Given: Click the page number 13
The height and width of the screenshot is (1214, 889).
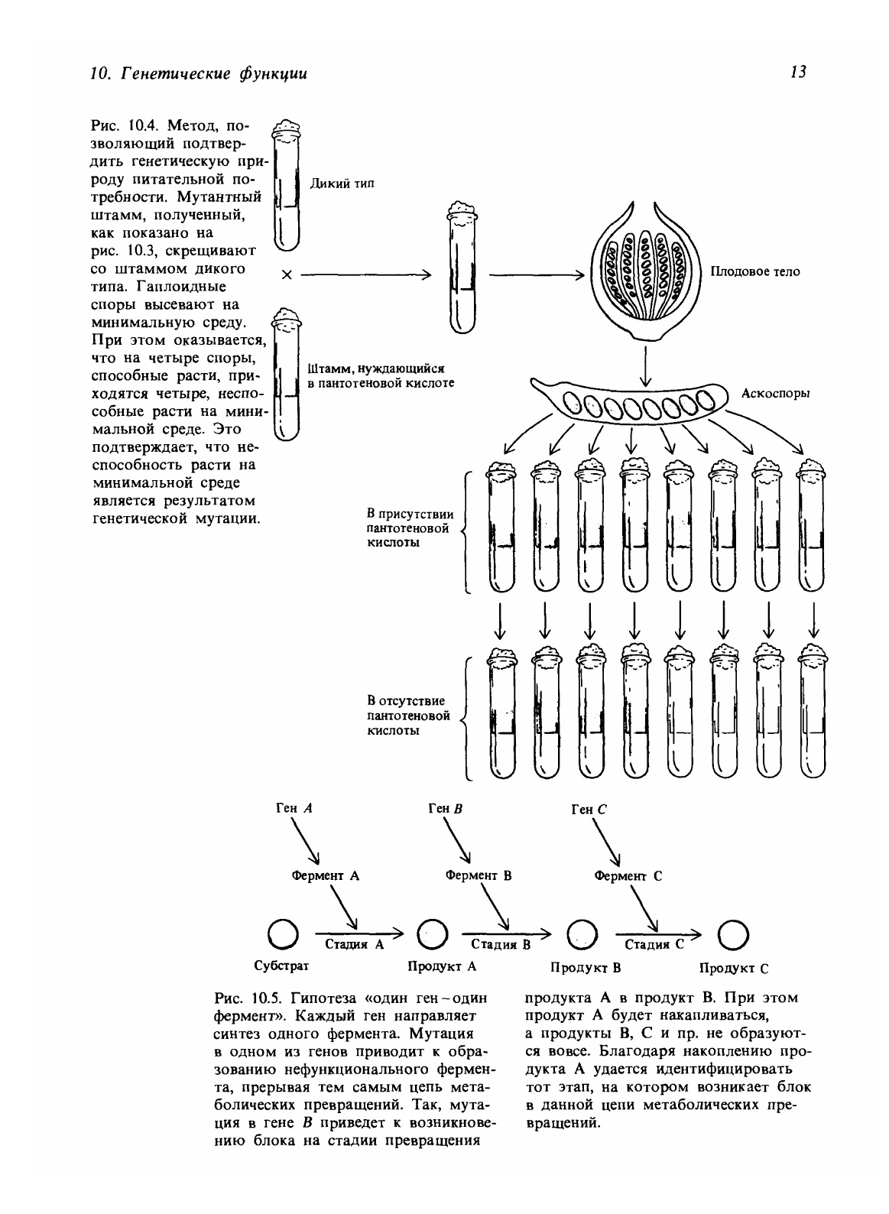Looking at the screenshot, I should coord(798,73).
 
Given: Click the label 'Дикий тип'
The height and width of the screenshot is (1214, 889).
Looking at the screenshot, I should coord(342,183).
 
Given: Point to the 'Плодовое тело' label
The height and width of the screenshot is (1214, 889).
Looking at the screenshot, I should coord(755,271).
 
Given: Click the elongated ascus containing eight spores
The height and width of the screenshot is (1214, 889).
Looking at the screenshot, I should coord(632,401).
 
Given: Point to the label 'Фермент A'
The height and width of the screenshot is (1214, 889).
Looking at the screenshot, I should coord(325,876).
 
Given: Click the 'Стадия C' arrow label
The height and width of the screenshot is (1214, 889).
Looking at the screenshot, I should coord(650,945).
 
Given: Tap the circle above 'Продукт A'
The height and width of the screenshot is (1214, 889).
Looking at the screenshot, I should coord(432,933).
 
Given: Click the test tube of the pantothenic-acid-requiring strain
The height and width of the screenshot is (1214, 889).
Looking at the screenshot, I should coord(285,375).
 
